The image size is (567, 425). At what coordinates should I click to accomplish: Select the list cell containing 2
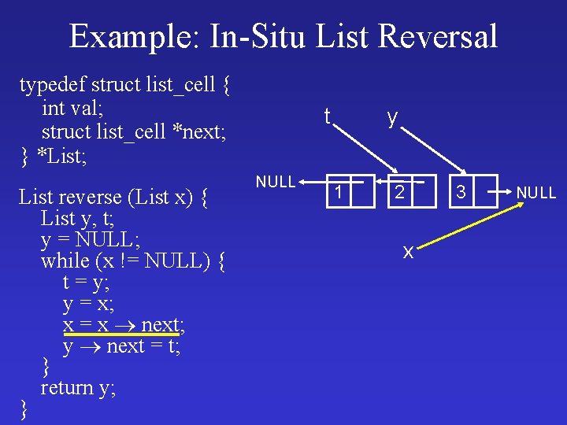[400, 191]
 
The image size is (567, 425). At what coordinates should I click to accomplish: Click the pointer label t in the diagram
[327, 117]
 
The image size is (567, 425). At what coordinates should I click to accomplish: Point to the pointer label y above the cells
[391, 117]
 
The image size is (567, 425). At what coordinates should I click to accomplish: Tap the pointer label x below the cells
[408, 252]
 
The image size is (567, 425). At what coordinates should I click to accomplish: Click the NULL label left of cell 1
[275, 182]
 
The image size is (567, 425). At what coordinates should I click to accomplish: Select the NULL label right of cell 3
[535, 192]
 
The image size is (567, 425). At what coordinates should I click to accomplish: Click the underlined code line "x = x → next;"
[124, 324]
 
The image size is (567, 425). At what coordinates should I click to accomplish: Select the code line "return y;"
[78, 387]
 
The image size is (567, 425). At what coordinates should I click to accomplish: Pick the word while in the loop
[65, 260]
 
